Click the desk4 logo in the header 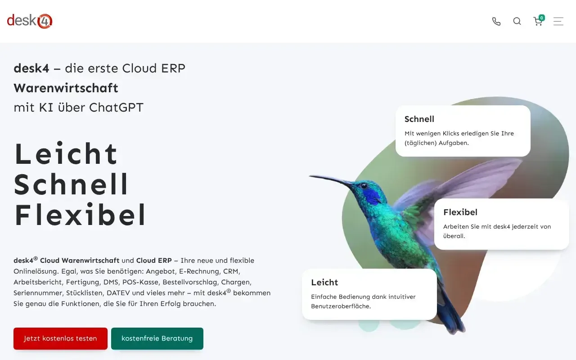pos(30,21)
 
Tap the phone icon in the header pos(496,21)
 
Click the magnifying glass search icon pos(517,21)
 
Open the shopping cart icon pos(538,22)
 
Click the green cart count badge pos(542,18)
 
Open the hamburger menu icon pos(558,21)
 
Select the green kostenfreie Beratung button pos(157,338)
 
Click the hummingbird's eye pos(364,186)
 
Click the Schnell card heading pos(419,119)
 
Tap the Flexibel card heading pos(460,212)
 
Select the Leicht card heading pos(324,282)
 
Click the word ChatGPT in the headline pos(116,108)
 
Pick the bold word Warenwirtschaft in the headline pos(66,88)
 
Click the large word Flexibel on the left pos(80,215)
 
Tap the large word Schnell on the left pos(71,184)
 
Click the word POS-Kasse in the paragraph pos(140,282)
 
